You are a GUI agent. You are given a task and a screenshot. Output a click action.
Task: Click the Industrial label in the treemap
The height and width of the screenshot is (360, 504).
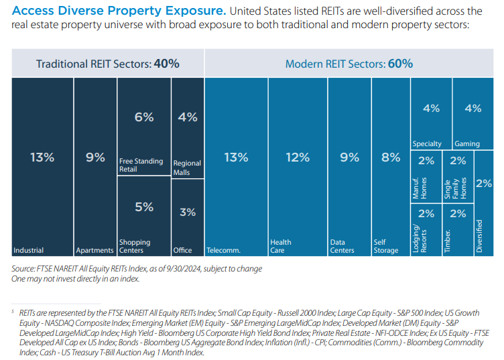click(28, 251)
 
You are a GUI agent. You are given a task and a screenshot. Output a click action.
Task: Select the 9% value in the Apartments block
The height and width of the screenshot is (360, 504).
click(95, 158)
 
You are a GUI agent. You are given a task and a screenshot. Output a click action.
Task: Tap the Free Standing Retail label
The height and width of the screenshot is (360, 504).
click(141, 165)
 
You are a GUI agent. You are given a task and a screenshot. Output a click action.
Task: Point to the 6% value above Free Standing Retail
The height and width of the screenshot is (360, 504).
click(144, 117)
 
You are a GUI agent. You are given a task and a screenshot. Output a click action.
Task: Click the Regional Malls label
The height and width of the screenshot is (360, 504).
click(187, 168)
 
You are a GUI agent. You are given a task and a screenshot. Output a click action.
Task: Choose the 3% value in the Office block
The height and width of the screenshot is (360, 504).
click(188, 212)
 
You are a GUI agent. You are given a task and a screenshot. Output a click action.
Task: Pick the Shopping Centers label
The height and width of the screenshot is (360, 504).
click(135, 246)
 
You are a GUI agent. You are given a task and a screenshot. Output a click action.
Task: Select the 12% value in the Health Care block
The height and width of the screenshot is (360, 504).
click(298, 158)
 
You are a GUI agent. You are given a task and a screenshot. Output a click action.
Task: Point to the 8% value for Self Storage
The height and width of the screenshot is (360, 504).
click(391, 158)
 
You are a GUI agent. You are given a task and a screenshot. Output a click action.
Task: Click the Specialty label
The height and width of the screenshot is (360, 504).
click(427, 144)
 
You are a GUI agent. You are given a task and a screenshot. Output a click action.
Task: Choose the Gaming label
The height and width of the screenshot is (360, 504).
click(467, 144)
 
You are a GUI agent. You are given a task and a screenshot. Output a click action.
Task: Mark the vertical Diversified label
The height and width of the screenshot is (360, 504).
click(479, 235)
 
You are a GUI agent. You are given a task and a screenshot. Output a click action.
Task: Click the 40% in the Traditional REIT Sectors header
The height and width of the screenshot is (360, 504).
click(166, 64)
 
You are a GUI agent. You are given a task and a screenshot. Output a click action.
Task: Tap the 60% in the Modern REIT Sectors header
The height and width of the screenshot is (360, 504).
click(399, 64)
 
